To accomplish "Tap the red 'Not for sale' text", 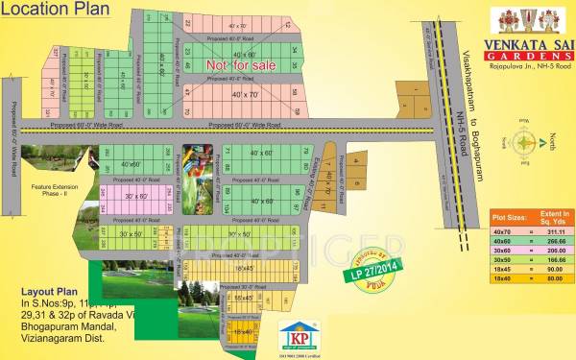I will tap(241, 63).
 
